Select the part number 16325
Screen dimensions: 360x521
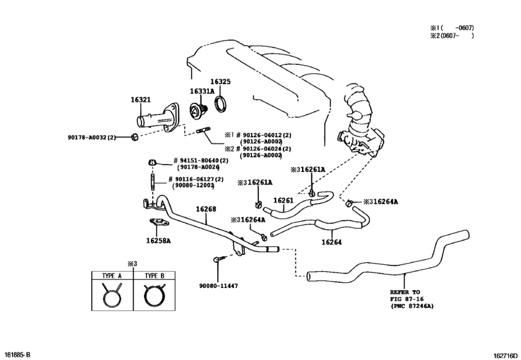point(220,82)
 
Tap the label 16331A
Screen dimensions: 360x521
point(202,92)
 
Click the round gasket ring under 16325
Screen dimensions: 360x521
point(220,104)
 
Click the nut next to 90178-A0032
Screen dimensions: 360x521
point(132,137)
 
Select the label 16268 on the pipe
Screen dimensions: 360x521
point(206,209)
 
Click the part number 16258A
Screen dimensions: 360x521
point(159,241)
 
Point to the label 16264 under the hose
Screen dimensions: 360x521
point(331,242)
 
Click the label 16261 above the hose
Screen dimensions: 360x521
point(283,201)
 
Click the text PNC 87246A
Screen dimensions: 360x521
point(412,307)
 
